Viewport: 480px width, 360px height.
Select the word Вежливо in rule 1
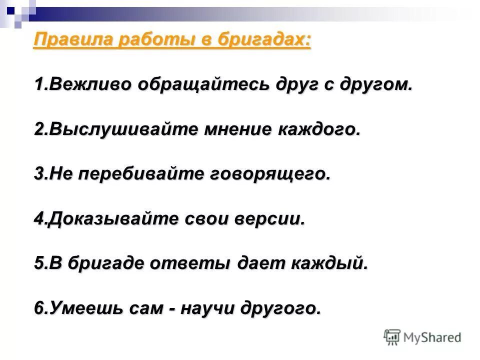(x=82, y=83)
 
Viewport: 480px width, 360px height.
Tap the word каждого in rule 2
(x=319, y=128)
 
